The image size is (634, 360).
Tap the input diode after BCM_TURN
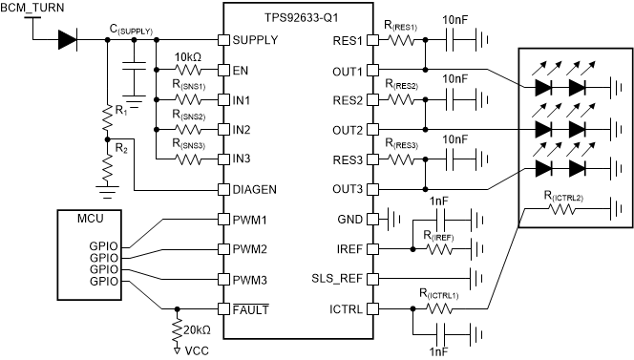68,40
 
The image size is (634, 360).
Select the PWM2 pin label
249,249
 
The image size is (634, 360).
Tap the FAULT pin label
251,309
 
